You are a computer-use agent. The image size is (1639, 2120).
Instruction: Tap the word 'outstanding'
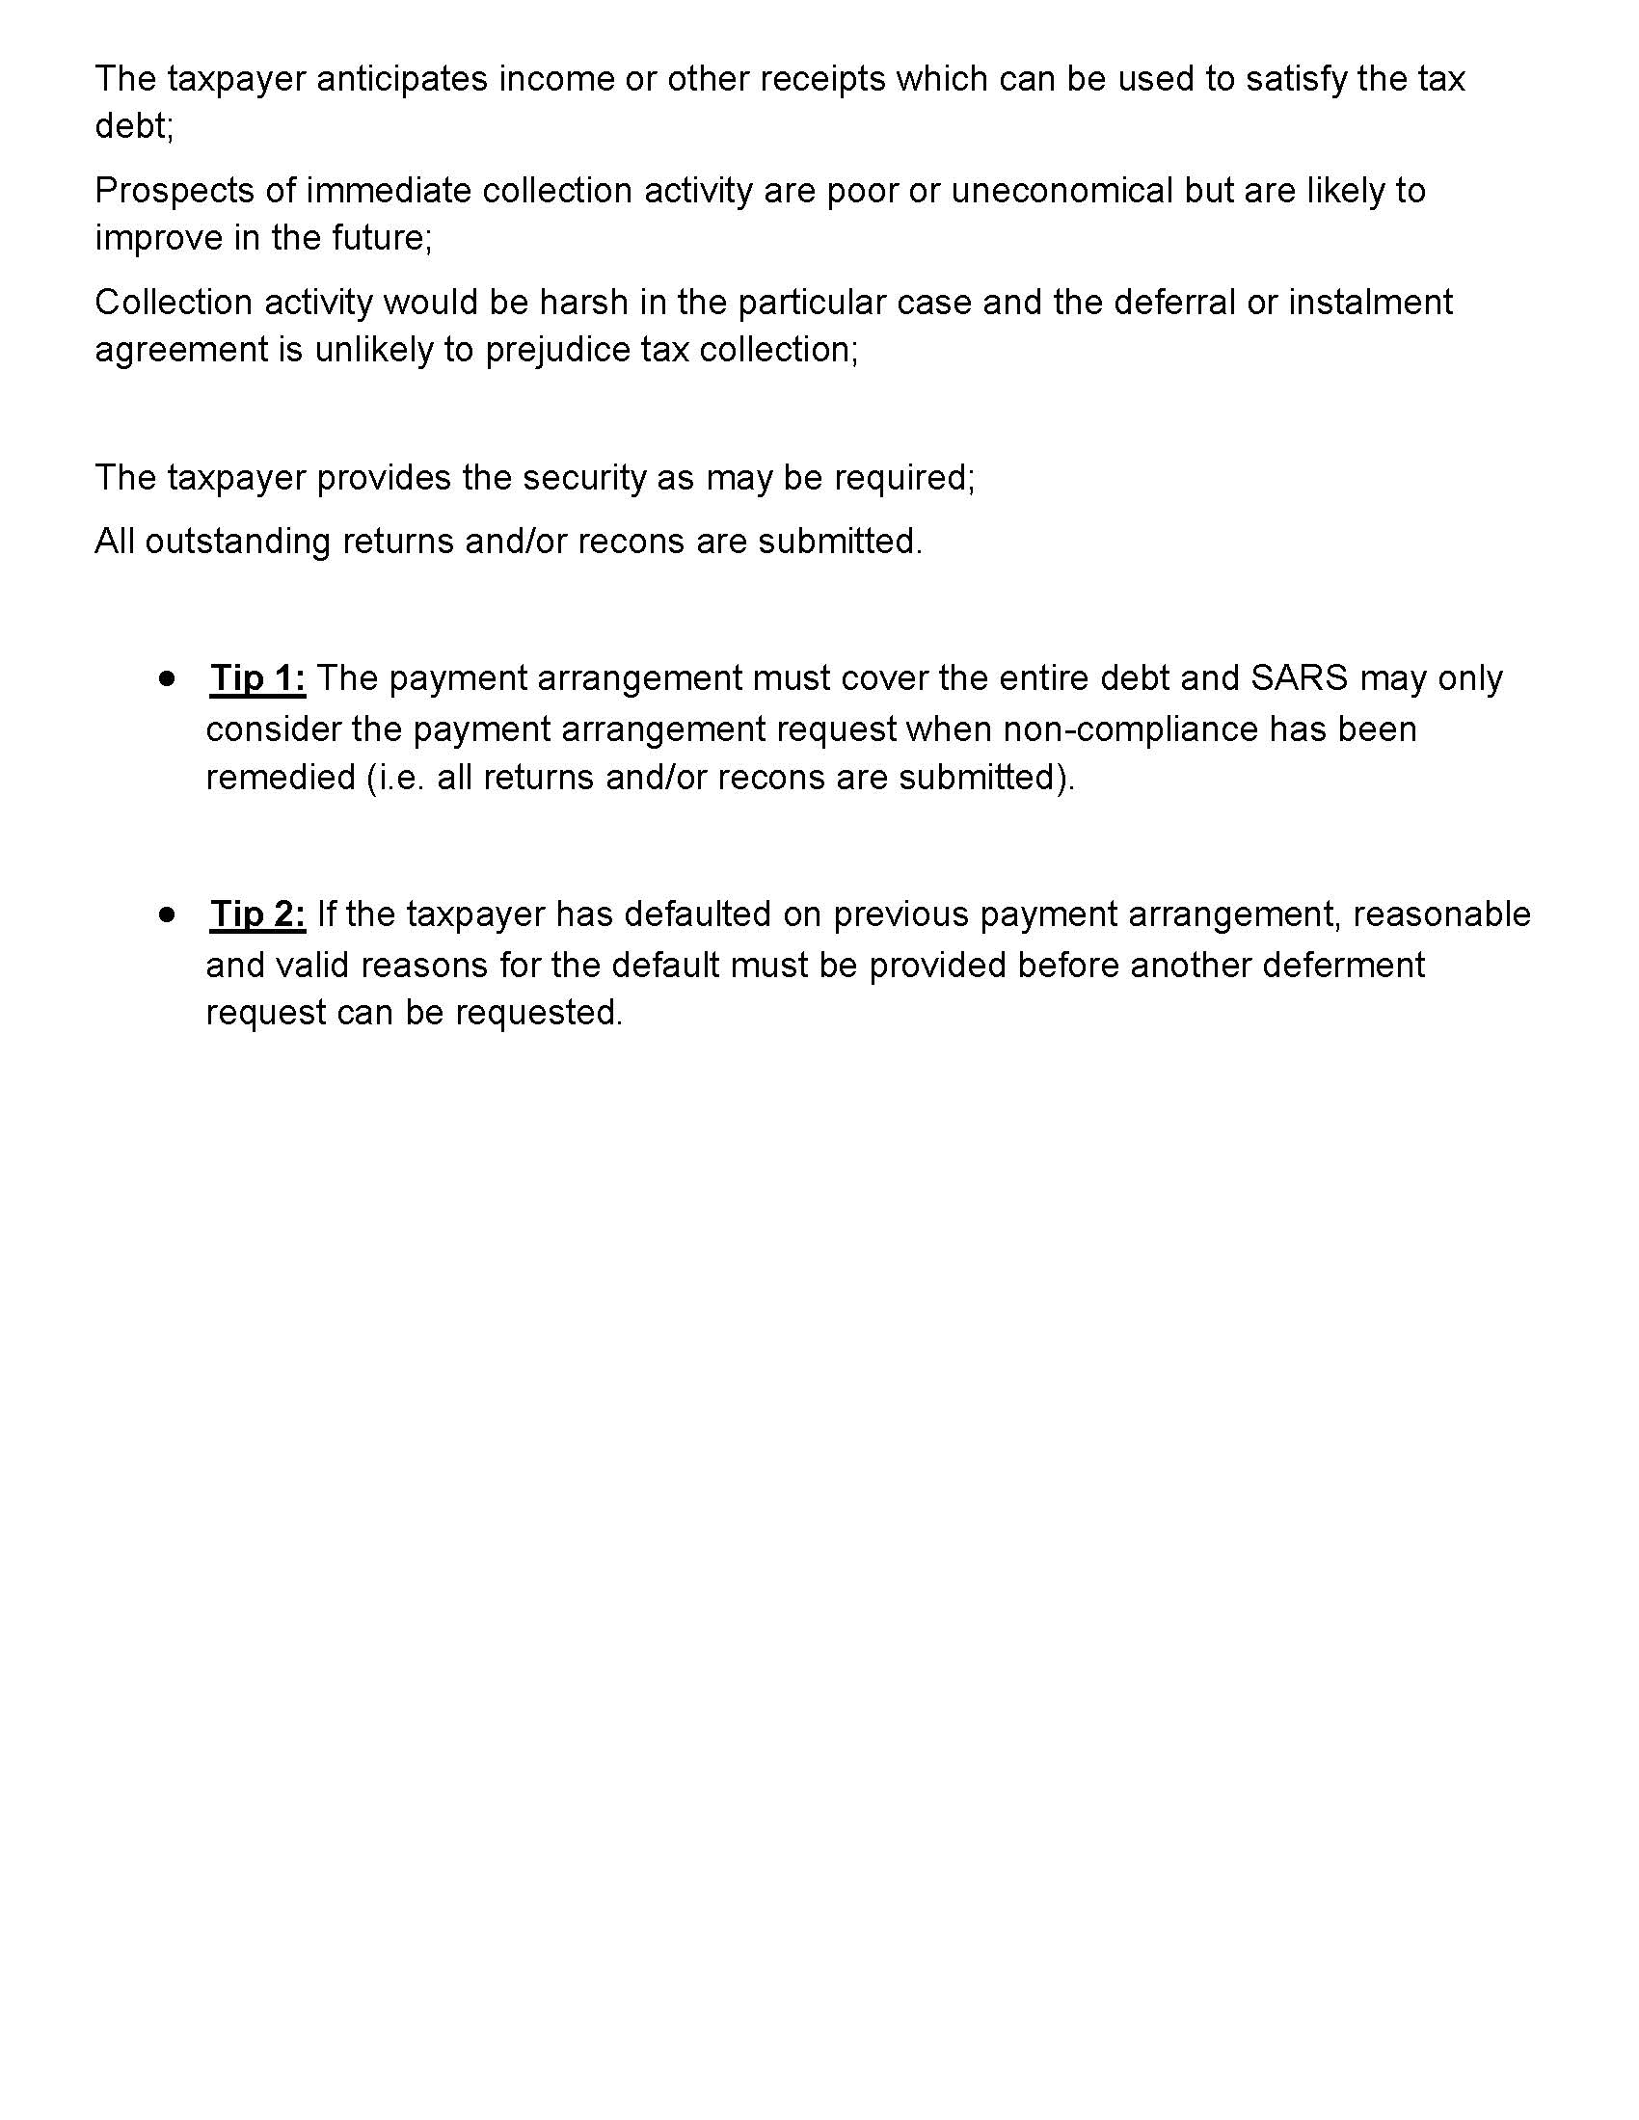point(238,541)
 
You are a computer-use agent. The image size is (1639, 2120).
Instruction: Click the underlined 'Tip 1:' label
point(258,678)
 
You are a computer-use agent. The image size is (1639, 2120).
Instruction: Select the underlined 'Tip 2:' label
point(258,914)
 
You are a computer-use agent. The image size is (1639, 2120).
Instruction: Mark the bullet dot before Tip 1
point(168,678)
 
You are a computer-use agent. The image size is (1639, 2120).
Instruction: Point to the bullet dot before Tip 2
point(168,914)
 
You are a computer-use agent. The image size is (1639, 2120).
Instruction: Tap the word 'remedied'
point(281,778)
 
